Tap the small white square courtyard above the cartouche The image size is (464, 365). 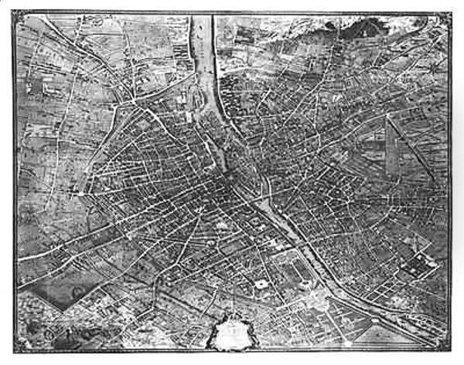[x=261, y=284]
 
